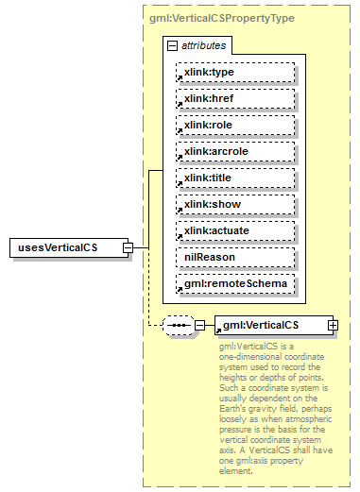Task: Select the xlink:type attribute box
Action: click(235, 72)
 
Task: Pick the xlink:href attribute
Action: click(235, 98)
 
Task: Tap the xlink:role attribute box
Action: click(235, 125)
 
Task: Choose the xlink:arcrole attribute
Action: click(235, 151)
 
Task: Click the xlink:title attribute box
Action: click(235, 178)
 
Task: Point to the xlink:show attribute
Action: click(235, 204)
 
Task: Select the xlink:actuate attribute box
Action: click(235, 230)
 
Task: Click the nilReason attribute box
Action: click(235, 257)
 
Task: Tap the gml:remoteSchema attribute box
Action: click(235, 283)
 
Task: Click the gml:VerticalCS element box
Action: click(269, 325)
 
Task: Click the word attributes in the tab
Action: click(202, 45)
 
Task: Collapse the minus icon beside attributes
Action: click(171, 45)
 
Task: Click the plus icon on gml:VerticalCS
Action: click(332, 325)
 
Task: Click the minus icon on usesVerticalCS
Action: click(129, 247)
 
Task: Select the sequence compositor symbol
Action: click(178, 325)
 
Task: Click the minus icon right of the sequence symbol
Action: click(199, 325)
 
